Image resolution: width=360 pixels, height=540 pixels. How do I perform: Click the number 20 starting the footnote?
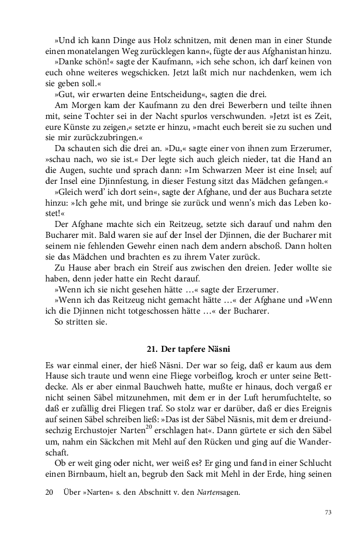49,491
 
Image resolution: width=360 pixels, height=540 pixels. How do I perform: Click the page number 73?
328,512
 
